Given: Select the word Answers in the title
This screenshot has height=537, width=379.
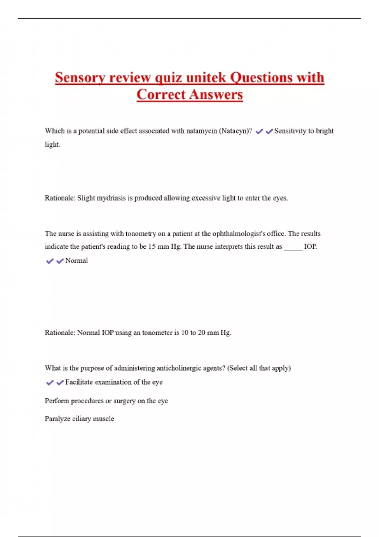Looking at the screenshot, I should pyautogui.click(x=216, y=94).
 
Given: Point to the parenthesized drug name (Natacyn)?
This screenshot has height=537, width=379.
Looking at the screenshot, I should pyautogui.click(x=235, y=131).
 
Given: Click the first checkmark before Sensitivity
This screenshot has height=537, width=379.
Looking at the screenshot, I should pyautogui.click(x=259, y=131).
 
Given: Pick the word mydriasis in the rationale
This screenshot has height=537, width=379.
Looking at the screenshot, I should pyautogui.click(x=111, y=198).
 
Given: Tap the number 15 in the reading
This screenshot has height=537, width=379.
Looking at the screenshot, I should pyautogui.click(x=152, y=247).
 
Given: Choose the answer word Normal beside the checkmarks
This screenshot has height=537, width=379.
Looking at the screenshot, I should pyautogui.click(x=76, y=261).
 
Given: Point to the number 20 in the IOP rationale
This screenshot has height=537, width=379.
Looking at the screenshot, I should pyautogui.click(x=202, y=333).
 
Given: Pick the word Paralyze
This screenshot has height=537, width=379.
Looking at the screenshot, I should pyautogui.click(x=57, y=419).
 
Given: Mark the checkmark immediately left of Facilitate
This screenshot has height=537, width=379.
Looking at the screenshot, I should pyautogui.click(x=60, y=383).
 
